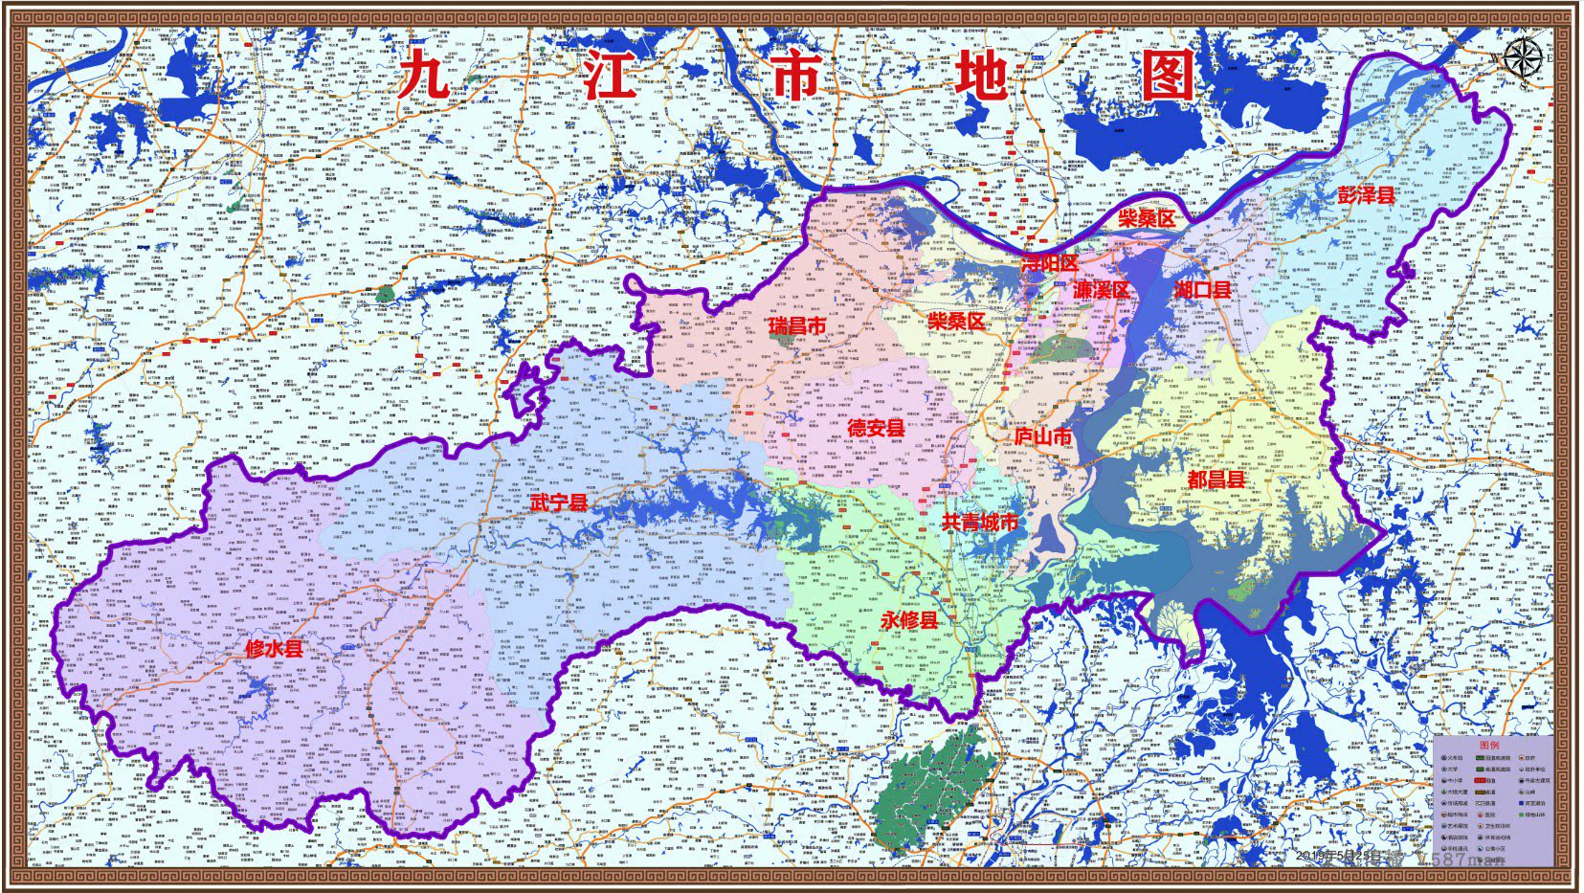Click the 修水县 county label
pyautogui.click(x=274, y=648)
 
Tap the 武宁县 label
pyautogui.click(x=560, y=502)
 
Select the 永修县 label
pyautogui.click(x=909, y=619)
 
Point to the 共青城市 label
pyautogui.click(x=980, y=522)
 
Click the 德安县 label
pyautogui.click(x=876, y=427)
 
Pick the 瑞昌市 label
pyautogui.click(x=796, y=325)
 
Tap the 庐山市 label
pyautogui.click(x=1043, y=435)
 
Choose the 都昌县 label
pyautogui.click(x=1216, y=479)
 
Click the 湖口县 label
pyautogui.click(x=1203, y=289)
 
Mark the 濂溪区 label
pyautogui.click(x=1102, y=289)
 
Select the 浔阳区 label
pyautogui.click(x=1050, y=262)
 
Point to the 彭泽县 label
pyautogui.click(x=1366, y=194)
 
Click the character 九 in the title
pyautogui.click(x=424, y=75)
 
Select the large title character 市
pyautogui.click(x=794, y=75)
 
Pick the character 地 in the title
pyautogui.click(x=981, y=75)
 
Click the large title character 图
pyautogui.click(x=1168, y=75)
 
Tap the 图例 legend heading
pyautogui.click(x=1489, y=745)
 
